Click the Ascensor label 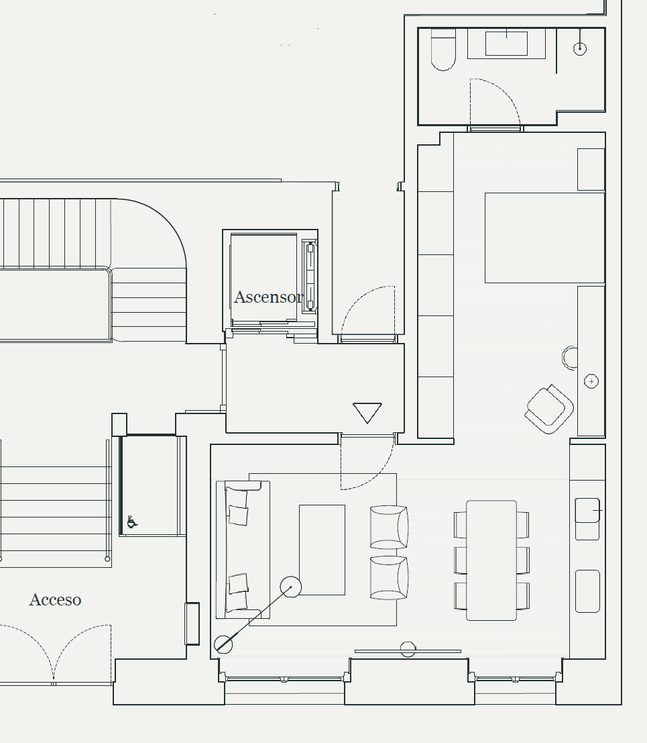[268, 297]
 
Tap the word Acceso [55, 599]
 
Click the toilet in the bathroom [443, 51]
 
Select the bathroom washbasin [506, 44]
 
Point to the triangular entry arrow [367, 412]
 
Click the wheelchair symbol [132, 522]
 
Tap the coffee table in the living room [322, 550]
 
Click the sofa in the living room [242, 549]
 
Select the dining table [491, 560]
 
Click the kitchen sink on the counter [587, 511]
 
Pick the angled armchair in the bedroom [549, 408]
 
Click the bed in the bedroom [544, 238]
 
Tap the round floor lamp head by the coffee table [291, 587]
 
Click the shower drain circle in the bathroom [581, 48]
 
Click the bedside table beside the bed [591, 169]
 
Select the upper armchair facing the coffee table [389, 527]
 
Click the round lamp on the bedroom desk [591, 381]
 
